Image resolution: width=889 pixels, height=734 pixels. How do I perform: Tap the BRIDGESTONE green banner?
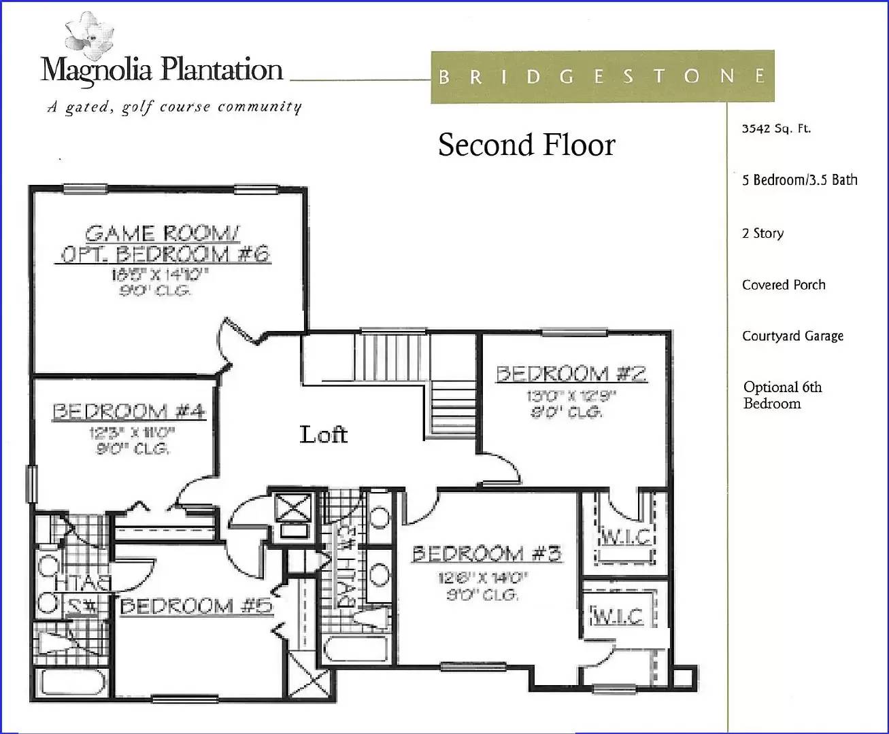(x=602, y=76)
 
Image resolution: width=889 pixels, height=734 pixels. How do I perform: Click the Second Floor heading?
(x=526, y=145)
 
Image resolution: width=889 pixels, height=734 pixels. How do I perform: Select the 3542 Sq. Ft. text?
(x=776, y=128)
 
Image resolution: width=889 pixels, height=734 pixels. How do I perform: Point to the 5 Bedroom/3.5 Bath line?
(x=799, y=180)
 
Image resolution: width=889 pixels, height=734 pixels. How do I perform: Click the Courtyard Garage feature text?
(x=792, y=336)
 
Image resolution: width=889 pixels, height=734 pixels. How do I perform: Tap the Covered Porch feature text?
(x=784, y=285)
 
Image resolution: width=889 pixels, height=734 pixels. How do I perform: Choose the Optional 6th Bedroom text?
(x=782, y=395)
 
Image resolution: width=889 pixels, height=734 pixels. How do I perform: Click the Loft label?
(x=324, y=434)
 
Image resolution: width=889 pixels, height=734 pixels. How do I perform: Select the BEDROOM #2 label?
(x=571, y=374)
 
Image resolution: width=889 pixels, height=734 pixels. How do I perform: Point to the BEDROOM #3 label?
(x=487, y=554)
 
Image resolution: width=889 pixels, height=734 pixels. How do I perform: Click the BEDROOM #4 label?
(x=129, y=412)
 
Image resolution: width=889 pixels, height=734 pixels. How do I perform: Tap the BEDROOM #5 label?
(x=196, y=606)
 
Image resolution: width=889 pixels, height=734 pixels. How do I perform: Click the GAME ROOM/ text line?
(x=162, y=234)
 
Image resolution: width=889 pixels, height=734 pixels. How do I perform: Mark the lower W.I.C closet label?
(x=618, y=616)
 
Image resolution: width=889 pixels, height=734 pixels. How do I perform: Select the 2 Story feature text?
(x=762, y=233)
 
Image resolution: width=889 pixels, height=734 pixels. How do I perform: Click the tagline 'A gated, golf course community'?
(x=174, y=107)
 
